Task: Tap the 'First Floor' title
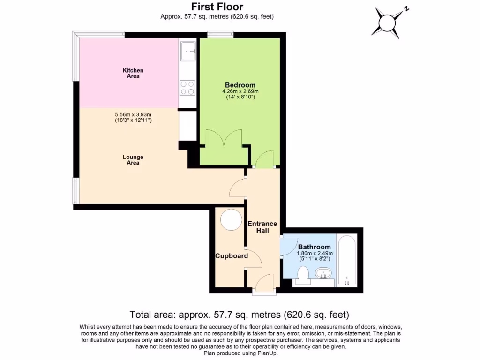217,7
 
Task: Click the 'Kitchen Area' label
133,73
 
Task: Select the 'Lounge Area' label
133,160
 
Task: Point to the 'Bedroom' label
240,85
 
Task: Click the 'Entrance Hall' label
262,227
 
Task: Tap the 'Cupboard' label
232,256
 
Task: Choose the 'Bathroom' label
315,247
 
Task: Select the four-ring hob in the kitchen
187,88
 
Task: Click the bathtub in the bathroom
347,261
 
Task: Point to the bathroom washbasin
323,273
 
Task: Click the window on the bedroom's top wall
220,34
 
